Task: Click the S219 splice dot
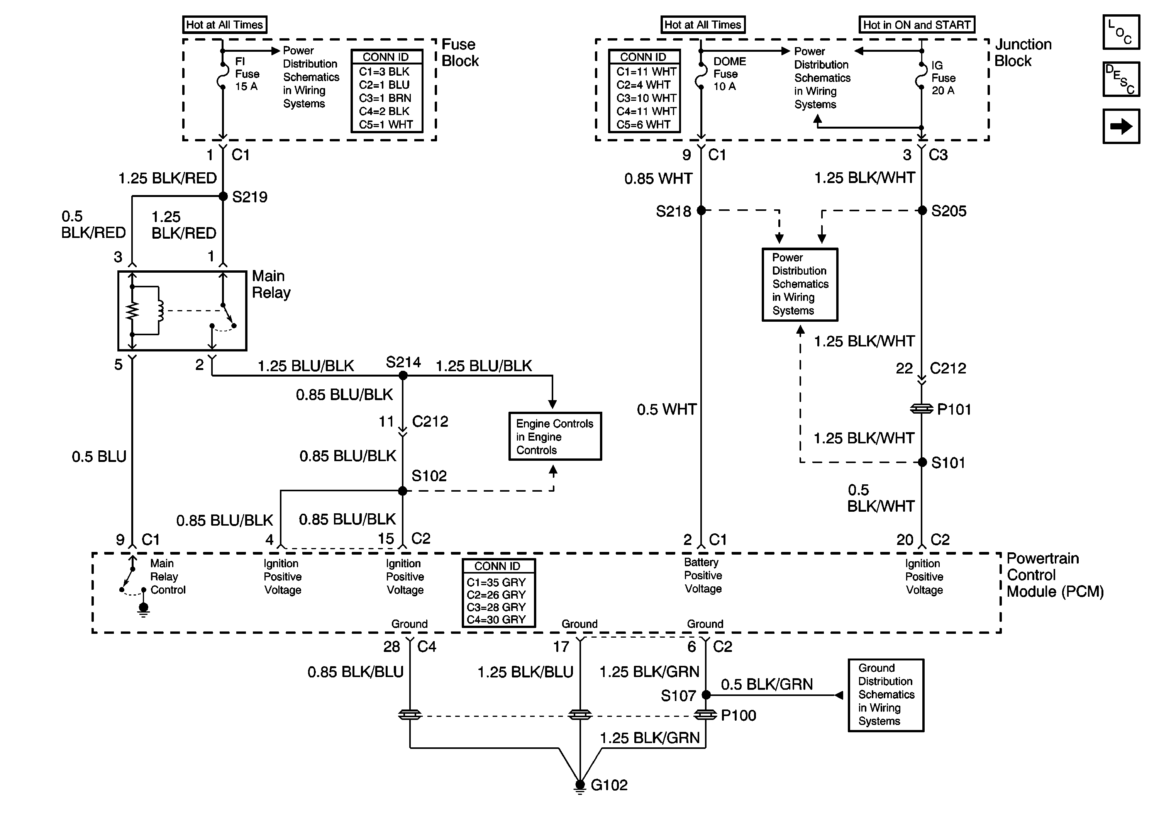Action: (x=223, y=197)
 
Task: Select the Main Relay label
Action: (x=271, y=284)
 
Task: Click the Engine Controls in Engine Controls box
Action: (x=555, y=436)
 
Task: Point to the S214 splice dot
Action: (x=403, y=375)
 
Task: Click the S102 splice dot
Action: (x=402, y=491)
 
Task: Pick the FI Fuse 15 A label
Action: (x=247, y=74)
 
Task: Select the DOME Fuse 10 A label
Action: (x=729, y=74)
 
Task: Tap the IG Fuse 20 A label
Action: (x=943, y=78)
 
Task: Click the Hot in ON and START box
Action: (x=917, y=25)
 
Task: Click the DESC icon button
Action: (x=1121, y=79)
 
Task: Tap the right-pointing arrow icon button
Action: (x=1121, y=126)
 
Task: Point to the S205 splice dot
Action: (x=922, y=210)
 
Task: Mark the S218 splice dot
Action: (x=701, y=210)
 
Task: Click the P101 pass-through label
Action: (x=954, y=409)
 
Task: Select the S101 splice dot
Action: (x=922, y=462)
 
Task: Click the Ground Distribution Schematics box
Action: (x=886, y=695)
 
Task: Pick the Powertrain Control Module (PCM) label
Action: (x=1054, y=575)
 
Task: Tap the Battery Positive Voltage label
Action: (x=703, y=575)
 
